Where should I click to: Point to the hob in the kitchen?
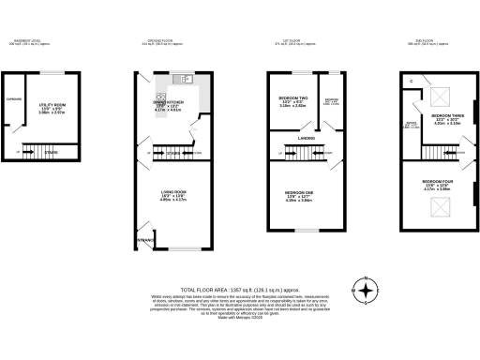tap(173, 96)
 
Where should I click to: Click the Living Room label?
tap(173, 192)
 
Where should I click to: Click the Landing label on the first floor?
tap(306, 139)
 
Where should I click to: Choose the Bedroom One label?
tap(299, 192)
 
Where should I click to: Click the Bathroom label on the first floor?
tap(331, 100)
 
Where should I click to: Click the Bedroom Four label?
tap(436, 180)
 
